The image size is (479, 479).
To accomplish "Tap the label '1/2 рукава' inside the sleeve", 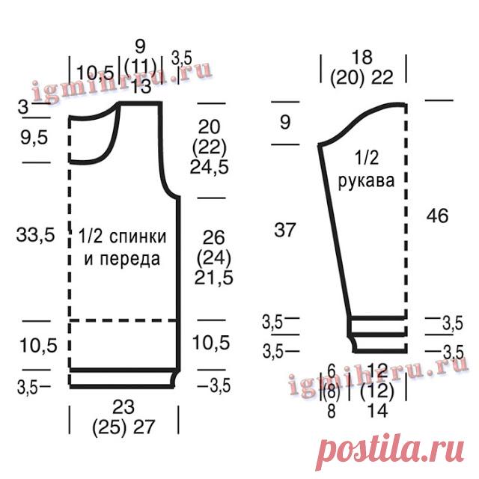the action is [x=366, y=169].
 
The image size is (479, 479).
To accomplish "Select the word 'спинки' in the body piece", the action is [x=138, y=237].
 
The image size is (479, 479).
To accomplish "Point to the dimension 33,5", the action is [x=35, y=235].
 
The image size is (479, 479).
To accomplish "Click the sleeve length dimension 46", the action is [x=437, y=216].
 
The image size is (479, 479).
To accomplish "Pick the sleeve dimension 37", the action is [x=284, y=230].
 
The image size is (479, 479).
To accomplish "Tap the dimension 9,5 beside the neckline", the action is [x=34, y=137].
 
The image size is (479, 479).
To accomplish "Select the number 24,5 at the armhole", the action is [x=210, y=167].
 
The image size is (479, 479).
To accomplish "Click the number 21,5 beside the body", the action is [x=214, y=278].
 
